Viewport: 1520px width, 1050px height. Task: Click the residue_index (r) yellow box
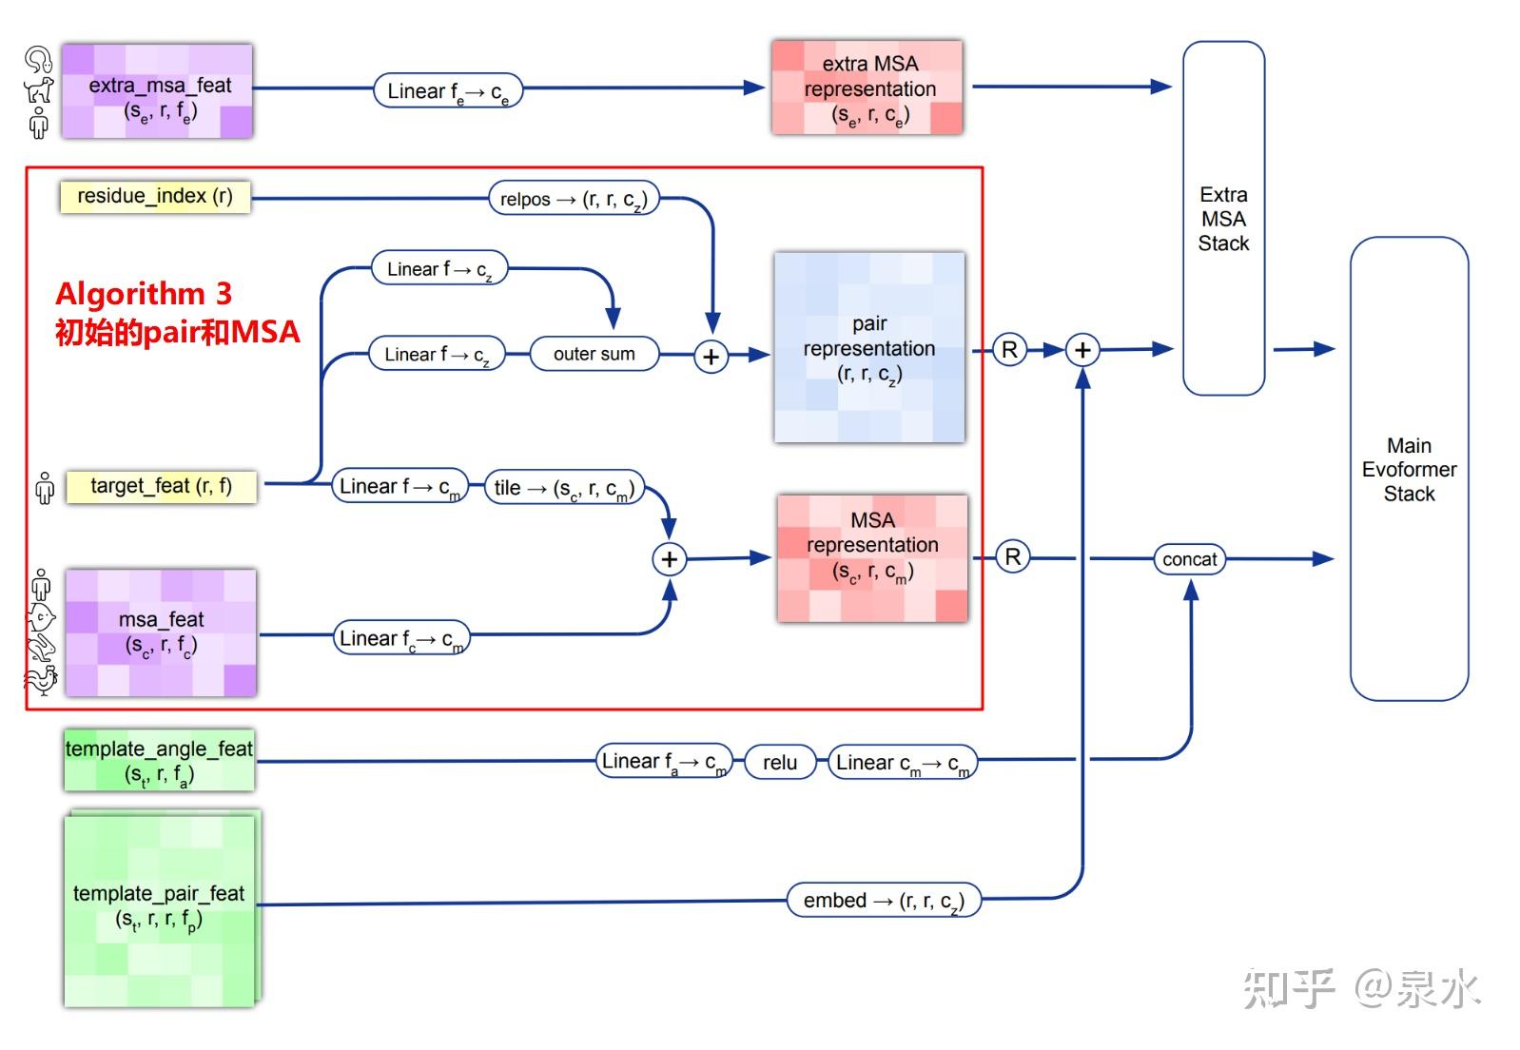pyautogui.click(x=155, y=197)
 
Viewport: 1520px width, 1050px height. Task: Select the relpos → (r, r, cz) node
pyautogui.click(x=574, y=199)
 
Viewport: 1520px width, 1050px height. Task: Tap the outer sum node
pyautogui.click(x=594, y=354)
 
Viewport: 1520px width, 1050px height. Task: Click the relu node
pyautogui.click(x=780, y=762)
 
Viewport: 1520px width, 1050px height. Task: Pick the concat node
pyautogui.click(x=1189, y=559)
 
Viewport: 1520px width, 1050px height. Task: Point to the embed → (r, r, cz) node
pyautogui.click(x=884, y=900)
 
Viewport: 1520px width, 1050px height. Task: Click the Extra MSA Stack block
pyautogui.click(x=1223, y=219)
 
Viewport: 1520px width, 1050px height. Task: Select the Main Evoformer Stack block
pyautogui.click(x=1409, y=469)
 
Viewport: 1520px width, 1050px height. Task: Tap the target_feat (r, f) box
pyautogui.click(x=161, y=486)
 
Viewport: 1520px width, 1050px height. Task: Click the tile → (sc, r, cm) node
pyautogui.click(x=564, y=488)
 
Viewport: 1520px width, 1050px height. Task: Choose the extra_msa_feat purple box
pyautogui.click(x=158, y=91)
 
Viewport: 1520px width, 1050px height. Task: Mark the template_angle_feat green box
pyautogui.click(x=159, y=760)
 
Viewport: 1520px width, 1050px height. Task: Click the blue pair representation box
pyautogui.click(x=869, y=348)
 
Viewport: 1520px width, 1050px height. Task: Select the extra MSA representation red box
pyautogui.click(x=867, y=87)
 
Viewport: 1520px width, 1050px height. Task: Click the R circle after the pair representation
pyautogui.click(x=1009, y=350)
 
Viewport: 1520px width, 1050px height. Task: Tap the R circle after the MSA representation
pyautogui.click(x=1012, y=556)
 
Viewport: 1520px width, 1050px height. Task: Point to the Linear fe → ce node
pyautogui.click(x=448, y=90)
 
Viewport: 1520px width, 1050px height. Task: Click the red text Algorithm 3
pyautogui.click(x=144, y=293)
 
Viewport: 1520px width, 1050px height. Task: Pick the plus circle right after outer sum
pyautogui.click(x=711, y=357)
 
